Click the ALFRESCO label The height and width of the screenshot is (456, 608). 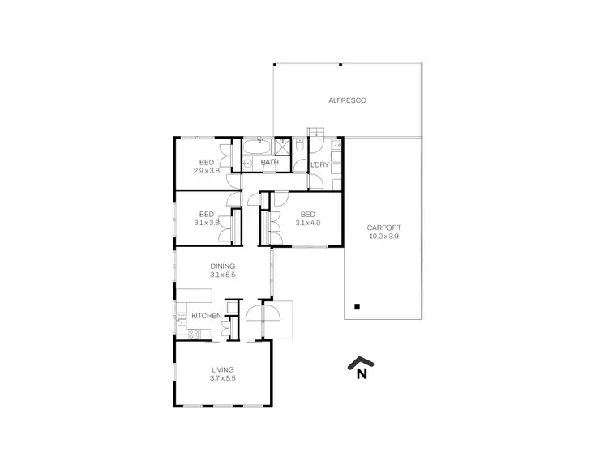(347, 100)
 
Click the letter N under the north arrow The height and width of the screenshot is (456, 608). (362, 373)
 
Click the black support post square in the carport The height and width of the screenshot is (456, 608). (356, 306)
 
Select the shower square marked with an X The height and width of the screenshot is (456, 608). (283, 146)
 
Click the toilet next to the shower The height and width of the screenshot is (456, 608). (300, 147)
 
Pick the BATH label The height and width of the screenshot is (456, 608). (270, 163)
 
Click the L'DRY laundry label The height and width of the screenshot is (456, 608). (319, 164)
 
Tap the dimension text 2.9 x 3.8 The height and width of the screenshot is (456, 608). (207, 171)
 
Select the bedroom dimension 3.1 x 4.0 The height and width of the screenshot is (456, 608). (308, 223)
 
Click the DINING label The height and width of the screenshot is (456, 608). (222, 266)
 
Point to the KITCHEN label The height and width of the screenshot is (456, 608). (205, 316)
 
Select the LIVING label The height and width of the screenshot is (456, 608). (222, 369)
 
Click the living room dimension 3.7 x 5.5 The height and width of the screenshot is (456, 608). (222, 379)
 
